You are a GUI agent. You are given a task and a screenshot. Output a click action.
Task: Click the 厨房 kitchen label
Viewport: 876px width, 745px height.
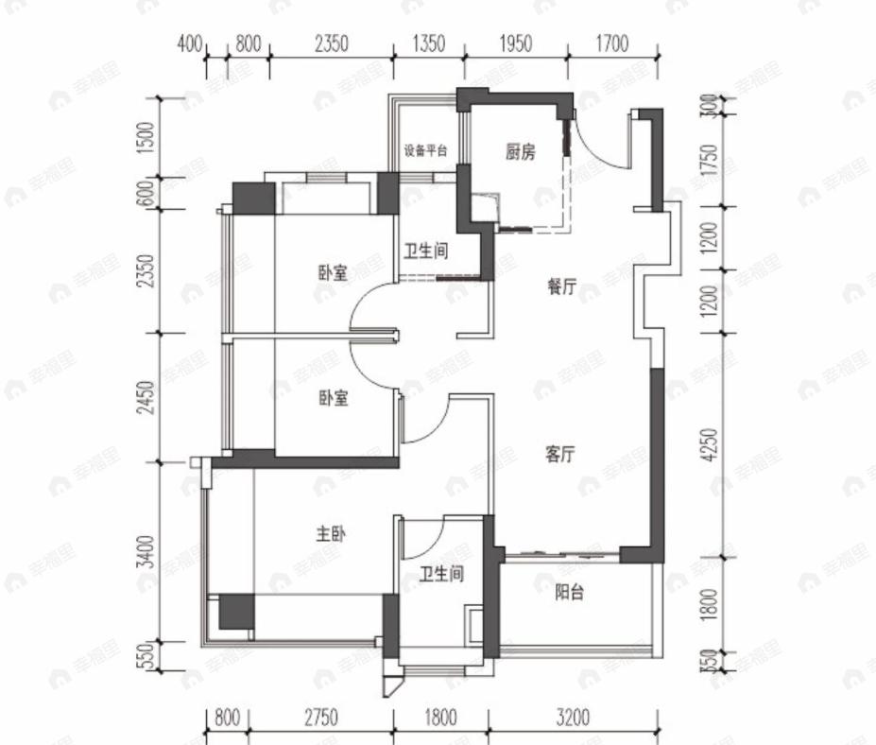tap(520, 152)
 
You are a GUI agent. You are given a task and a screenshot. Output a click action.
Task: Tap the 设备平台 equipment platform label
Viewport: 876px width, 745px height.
tap(425, 151)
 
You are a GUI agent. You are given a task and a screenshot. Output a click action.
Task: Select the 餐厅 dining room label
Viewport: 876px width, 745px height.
tap(561, 289)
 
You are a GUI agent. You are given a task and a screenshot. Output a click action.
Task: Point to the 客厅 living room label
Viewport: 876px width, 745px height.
tap(560, 455)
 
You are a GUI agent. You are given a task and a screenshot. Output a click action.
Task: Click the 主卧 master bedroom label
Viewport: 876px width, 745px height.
tap(331, 534)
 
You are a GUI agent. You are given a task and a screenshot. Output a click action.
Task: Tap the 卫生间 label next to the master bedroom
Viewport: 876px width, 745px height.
tap(441, 574)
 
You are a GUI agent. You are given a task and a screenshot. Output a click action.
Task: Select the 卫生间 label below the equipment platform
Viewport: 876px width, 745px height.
tap(425, 252)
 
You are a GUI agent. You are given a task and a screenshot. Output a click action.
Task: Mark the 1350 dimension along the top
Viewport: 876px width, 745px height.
tap(427, 43)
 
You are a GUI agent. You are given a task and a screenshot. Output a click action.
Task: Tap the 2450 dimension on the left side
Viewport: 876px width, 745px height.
tap(144, 397)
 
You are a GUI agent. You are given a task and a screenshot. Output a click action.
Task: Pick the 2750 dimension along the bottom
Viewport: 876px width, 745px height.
tap(320, 719)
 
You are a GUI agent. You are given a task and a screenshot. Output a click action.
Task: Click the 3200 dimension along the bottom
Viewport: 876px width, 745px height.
tap(573, 719)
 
